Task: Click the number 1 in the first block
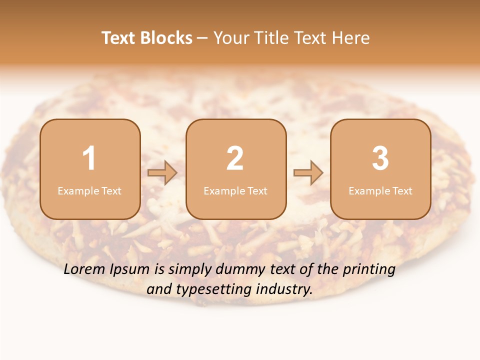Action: [x=89, y=158]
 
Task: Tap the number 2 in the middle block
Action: [x=235, y=158]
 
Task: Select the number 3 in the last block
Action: [x=380, y=158]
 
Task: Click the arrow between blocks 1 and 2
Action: [x=162, y=173]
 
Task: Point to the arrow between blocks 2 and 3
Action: [x=308, y=173]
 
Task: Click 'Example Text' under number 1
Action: [x=89, y=191]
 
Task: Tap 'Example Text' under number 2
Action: [x=235, y=191]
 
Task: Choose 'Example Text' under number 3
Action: [x=380, y=191]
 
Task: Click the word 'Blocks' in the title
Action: [x=166, y=38]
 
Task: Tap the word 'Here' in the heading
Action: [x=350, y=38]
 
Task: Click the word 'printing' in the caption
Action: [x=369, y=270]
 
